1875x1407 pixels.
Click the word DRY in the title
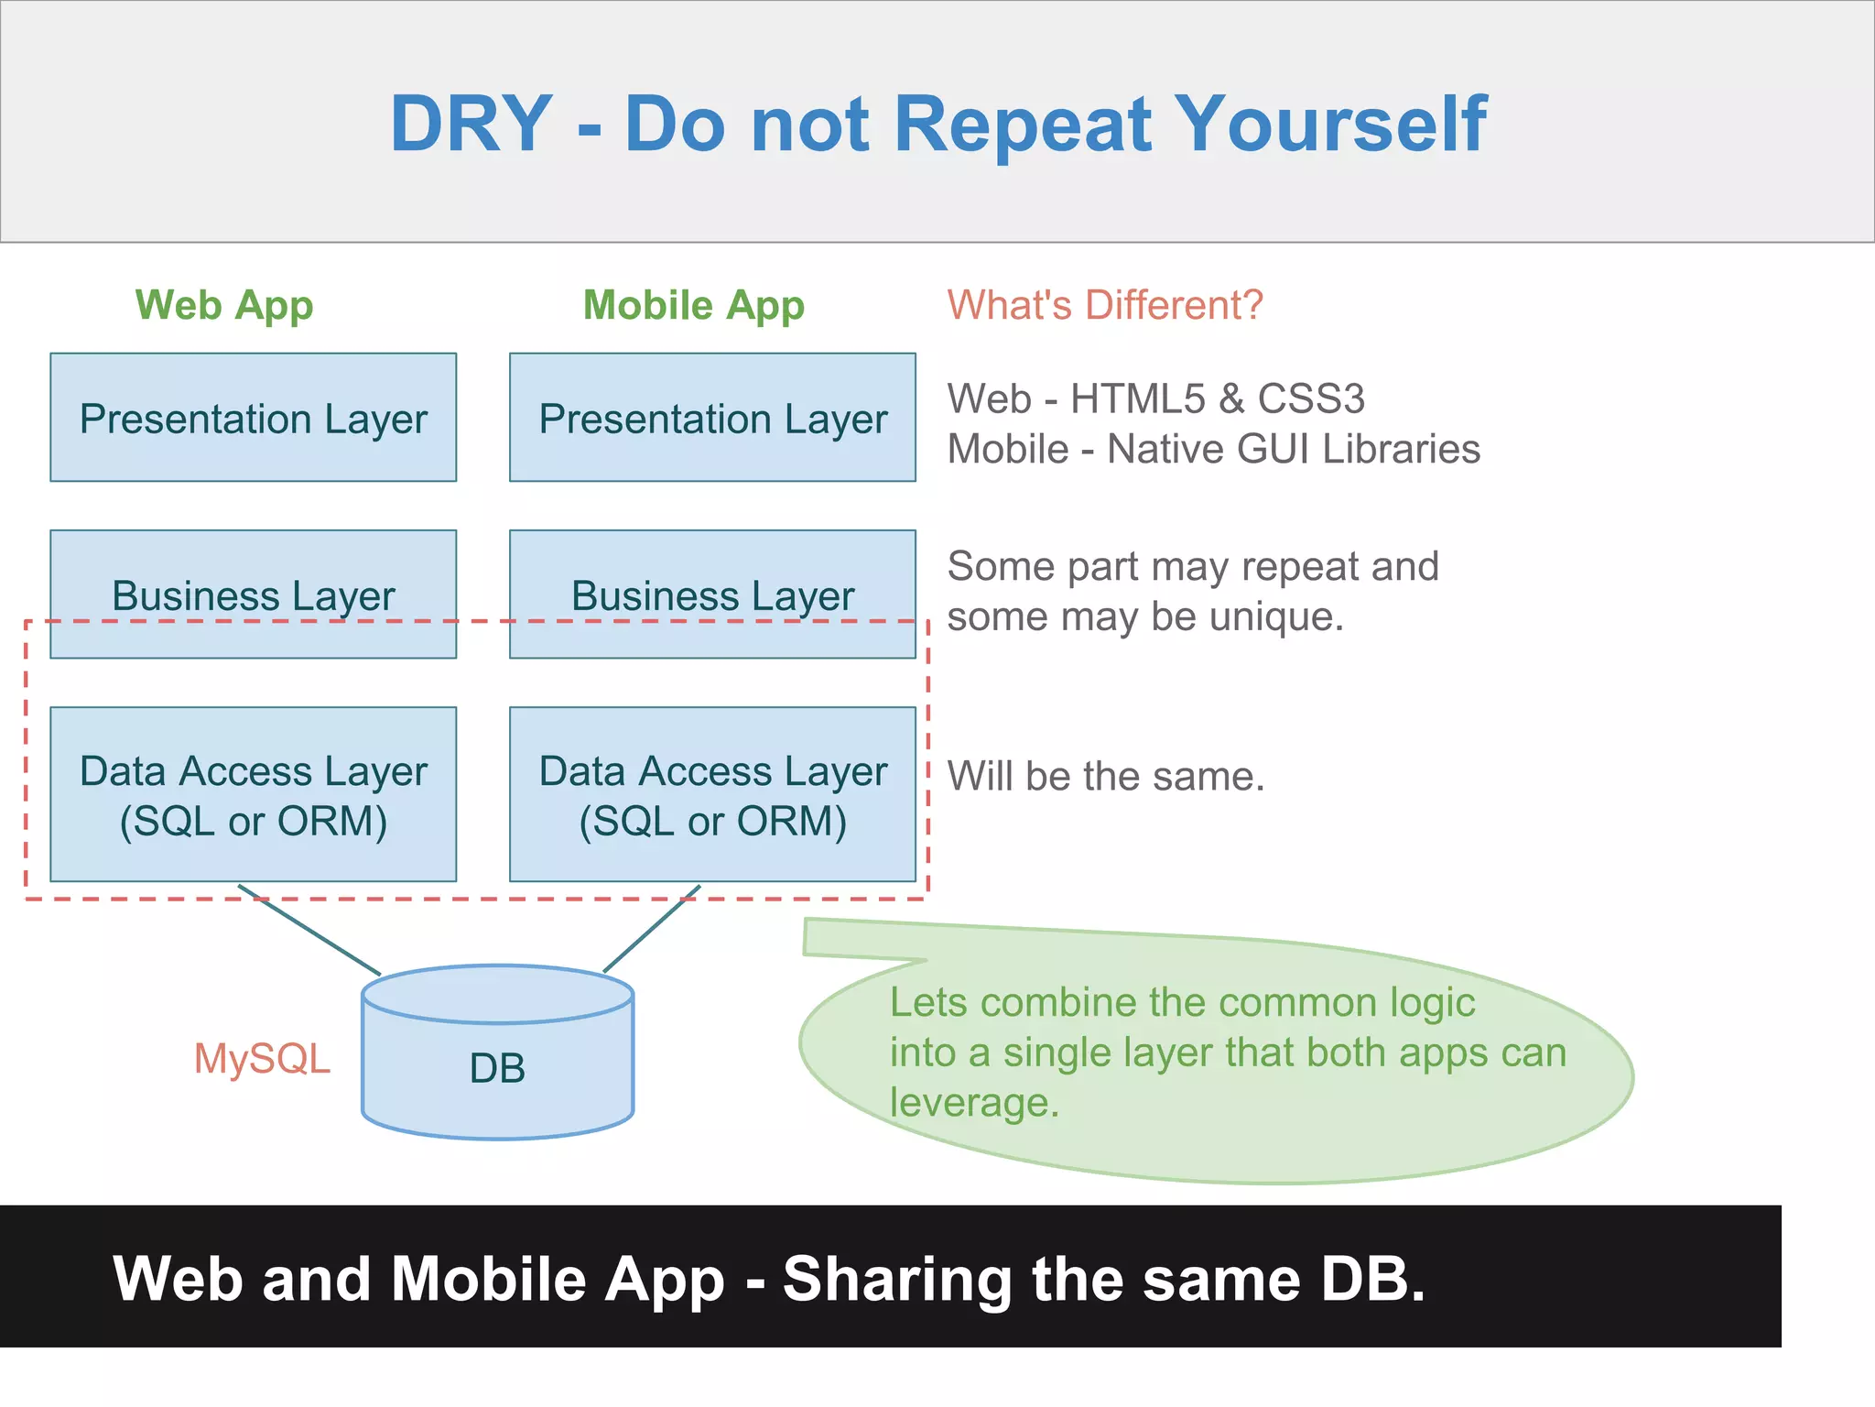tap(471, 125)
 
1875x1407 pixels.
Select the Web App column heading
tap(224, 305)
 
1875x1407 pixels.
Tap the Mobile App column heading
tap(693, 305)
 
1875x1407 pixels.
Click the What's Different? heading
tap(1105, 305)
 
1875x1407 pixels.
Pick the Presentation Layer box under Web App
tap(254, 418)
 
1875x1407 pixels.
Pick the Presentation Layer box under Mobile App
tap(712, 418)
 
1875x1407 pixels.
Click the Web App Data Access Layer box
tap(254, 794)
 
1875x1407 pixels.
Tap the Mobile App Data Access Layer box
tap(712, 794)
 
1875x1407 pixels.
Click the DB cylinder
tap(497, 1067)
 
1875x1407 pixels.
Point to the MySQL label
tap(262, 1059)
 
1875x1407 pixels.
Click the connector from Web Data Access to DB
tap(309, 930)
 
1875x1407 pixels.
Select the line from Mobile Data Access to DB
tap(652, 929)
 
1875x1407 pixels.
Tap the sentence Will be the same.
tap(1105, 777)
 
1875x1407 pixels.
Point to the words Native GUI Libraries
tap(1293, 450)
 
